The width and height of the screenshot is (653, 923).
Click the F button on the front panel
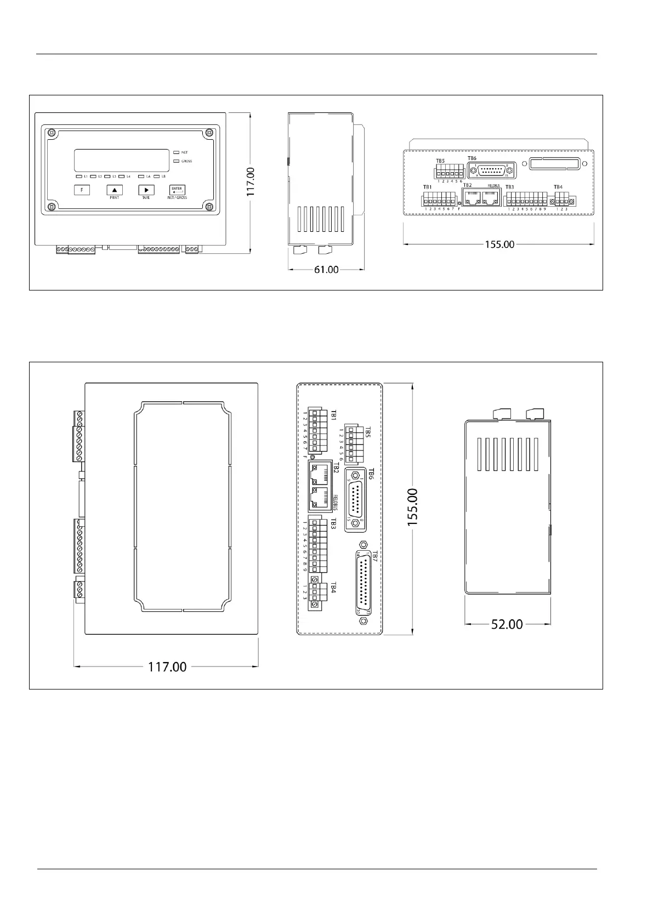82,190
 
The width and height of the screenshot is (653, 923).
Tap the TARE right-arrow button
146,190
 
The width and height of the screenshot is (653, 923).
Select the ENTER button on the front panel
177,190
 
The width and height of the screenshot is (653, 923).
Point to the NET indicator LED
176,152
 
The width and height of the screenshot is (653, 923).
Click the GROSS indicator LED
176,161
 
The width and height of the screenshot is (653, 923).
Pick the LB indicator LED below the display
157,176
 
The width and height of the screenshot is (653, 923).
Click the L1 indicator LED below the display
79,176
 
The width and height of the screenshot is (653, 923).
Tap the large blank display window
121,160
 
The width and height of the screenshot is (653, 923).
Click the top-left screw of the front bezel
51,133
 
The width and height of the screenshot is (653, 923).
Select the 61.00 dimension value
326,270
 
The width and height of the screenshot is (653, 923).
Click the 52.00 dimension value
507,624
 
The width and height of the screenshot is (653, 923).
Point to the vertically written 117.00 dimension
251,183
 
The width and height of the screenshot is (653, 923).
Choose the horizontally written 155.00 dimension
499,244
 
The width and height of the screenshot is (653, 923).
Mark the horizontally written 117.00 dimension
167,667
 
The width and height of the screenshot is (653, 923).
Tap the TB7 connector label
375,557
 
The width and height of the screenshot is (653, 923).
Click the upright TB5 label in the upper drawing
440,161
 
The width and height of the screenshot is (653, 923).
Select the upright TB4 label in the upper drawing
558,187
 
